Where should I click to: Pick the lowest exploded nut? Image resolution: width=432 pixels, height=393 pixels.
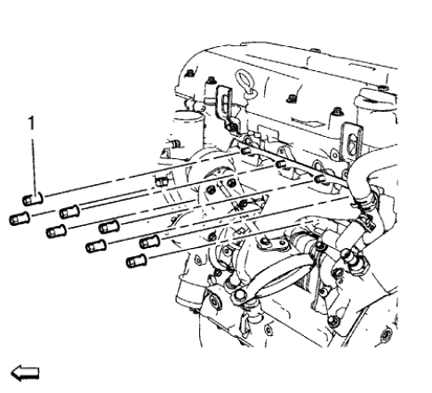[136, 261]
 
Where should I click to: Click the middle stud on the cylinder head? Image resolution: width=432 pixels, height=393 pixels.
[281, 164]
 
